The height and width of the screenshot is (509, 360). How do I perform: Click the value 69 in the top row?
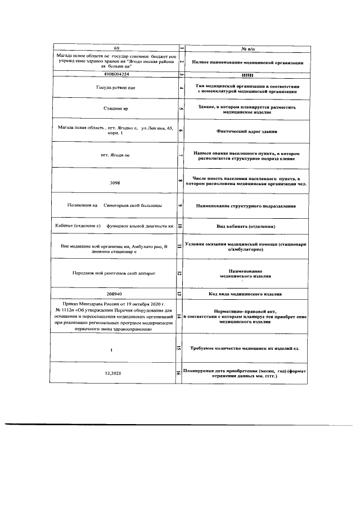[x=117, y=50]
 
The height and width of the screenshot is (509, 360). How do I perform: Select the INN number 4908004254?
[x=116, y=74]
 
